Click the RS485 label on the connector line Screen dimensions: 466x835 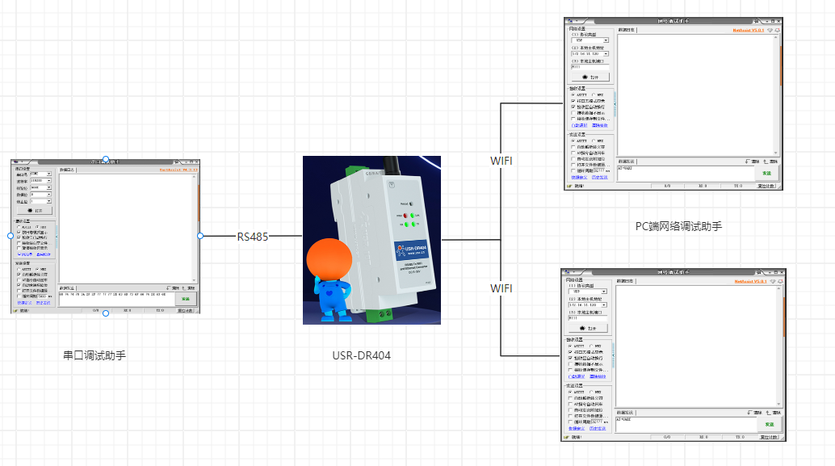pyautogui.click(x=252, y=237)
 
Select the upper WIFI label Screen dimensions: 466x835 pyautogui.click(x=501, y=161)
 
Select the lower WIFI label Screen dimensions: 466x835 pyautogui.click(x=501, y=288)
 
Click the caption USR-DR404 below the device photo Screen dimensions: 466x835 pyautogui.click(x=361, y=355)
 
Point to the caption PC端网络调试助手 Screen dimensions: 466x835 pyautogui.click(x=678, y=227)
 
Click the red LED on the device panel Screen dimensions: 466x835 pyautogui.click(x=410, y=216)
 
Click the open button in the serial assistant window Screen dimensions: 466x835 pyautogui.click(x=33, y=210)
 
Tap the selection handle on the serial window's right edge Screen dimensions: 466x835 pyautogui.click(x=200, y=236)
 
